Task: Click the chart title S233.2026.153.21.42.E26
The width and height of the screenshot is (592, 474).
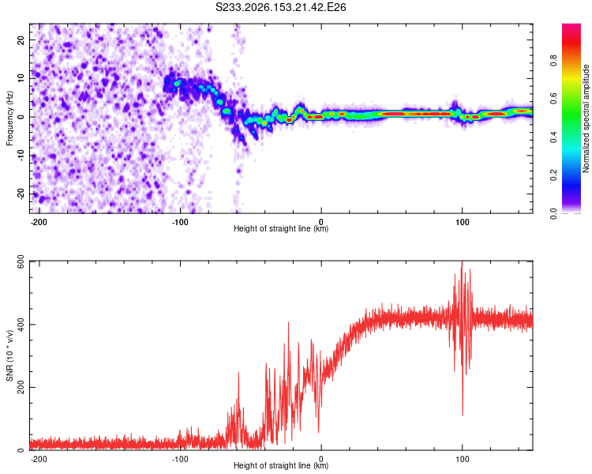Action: tap(280, 7)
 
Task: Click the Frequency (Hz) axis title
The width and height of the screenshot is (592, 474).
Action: tap(9, 118)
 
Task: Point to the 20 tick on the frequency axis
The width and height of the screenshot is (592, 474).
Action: tap(21, 40)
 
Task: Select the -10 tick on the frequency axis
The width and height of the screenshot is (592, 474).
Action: tap(21, 155)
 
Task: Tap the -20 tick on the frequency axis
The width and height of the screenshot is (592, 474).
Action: tap(21, 194)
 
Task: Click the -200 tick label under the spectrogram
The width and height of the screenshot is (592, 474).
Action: tap(39, 222)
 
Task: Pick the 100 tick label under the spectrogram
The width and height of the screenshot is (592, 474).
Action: tap(462, 222)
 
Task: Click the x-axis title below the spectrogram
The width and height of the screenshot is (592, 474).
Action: tap(281, 228)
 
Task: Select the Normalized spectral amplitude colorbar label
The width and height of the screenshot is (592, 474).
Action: tap(586, 118)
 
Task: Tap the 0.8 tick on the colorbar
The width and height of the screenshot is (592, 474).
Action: tap(554, 60)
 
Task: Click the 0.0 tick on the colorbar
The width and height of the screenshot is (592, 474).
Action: tap(554, 213)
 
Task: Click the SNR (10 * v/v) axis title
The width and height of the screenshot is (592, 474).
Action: tap(9, 355)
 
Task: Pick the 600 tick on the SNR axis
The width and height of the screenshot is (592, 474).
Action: tap(21, 261)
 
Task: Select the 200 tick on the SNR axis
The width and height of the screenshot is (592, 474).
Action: tap(21, 387)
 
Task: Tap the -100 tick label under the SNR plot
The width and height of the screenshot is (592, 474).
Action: tap(180, 459)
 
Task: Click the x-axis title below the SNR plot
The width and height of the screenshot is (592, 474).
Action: tap(281, 465)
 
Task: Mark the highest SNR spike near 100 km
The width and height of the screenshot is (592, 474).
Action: tap(462, 261)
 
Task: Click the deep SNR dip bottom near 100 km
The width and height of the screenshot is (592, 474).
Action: tap(463, 415)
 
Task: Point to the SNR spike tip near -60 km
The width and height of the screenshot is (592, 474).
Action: tap(238, 372)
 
